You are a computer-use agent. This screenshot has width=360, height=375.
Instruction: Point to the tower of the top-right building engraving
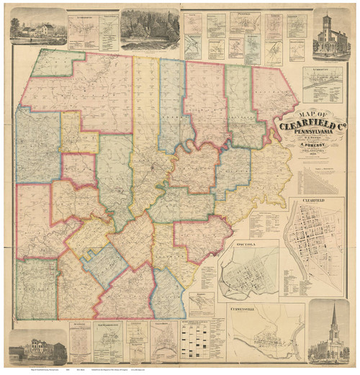[327, 20]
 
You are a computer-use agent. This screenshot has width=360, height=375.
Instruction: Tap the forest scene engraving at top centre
[149, 29]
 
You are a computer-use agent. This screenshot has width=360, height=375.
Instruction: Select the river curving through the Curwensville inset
[266, 338]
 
